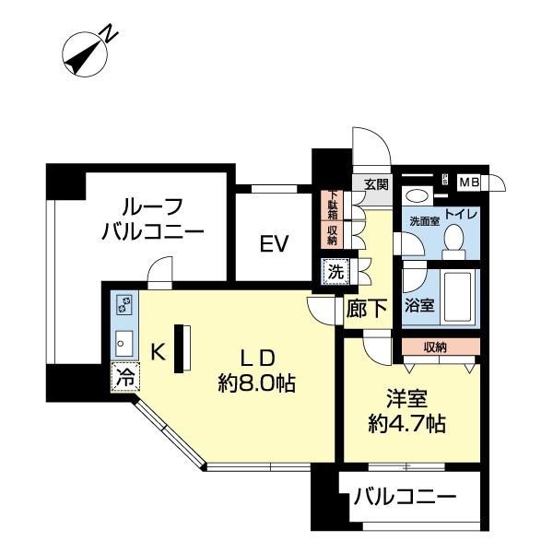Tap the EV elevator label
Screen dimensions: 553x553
click(x=274, y=244)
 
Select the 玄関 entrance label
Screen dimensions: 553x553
click(x=375, y=184)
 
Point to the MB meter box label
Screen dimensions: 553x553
click(x=470, y=182)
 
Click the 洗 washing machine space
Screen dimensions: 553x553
click(x=335, y=272)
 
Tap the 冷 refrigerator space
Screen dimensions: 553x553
click(x=124, y=377)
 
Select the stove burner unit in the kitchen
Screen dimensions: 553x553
click(x=124, y=305)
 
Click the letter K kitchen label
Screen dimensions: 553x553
click(x=158, y=351)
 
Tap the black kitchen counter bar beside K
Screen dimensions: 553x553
click(x=181, y=347)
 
